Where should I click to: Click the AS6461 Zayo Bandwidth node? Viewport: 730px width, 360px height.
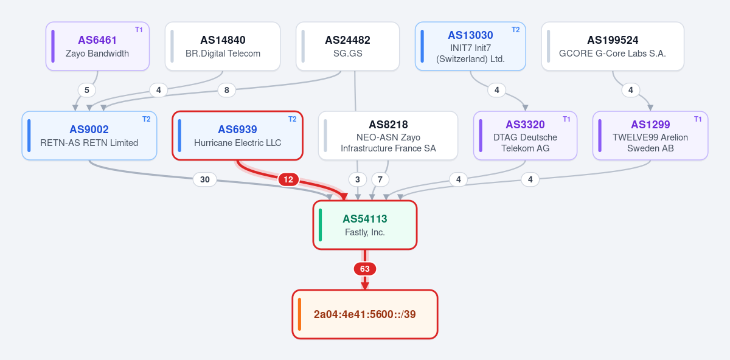click(x=97, y=46)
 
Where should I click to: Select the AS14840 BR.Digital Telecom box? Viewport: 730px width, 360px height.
click(x=223, y=46)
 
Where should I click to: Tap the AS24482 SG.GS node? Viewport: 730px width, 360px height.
click(x=348, y=46)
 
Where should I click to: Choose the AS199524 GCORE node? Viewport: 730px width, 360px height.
click(x=613, y=46)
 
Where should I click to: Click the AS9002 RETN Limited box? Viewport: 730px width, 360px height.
click(x=89, y=136)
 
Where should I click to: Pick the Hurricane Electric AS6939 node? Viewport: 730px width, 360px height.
click(x=238, y=136)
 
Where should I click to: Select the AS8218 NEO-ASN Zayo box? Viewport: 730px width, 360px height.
click(x=388, y=136)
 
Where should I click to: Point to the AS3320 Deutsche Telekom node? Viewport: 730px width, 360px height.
click(x=526, y=136)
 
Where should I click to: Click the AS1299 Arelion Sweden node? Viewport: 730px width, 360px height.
click(x=650, y=136)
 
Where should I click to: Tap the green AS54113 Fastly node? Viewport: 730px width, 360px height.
click(x=365, y=225)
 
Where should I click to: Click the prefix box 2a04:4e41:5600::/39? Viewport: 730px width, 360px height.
click(x=365, y=314)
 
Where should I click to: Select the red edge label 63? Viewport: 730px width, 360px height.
click(x=365, y=269)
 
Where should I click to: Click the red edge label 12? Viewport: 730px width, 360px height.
click(x=288, y=179)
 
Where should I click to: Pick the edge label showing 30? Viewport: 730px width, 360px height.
click(x=204, y=179)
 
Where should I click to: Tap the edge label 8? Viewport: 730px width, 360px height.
click(x=226, y=90)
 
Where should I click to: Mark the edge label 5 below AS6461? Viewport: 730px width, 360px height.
click(x=86, y=90)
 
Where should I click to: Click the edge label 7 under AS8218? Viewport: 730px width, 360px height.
click(x=380, y=179)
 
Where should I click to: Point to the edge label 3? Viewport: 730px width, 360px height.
click(x=358, y=179)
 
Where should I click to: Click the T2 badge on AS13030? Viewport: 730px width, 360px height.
click(x=516, y=30)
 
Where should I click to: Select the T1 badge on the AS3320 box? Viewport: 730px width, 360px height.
click(x=566, y=119)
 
